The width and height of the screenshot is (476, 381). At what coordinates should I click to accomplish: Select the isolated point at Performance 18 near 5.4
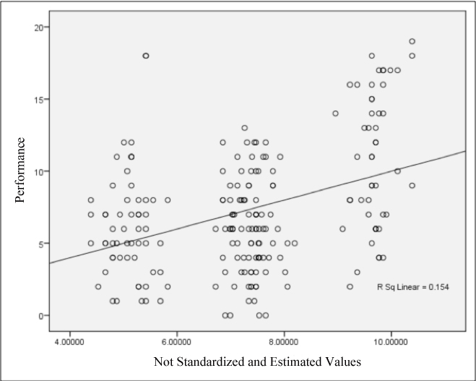(x=146, y=56)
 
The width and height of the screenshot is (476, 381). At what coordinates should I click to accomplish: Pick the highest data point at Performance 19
(x=412, y=41)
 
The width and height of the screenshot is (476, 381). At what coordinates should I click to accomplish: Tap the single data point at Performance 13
(x=245, y=128)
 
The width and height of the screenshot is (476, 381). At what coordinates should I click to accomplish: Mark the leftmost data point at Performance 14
(x=335, y=114)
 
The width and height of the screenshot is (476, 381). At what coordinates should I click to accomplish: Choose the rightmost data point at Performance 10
(x=397, y=171)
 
